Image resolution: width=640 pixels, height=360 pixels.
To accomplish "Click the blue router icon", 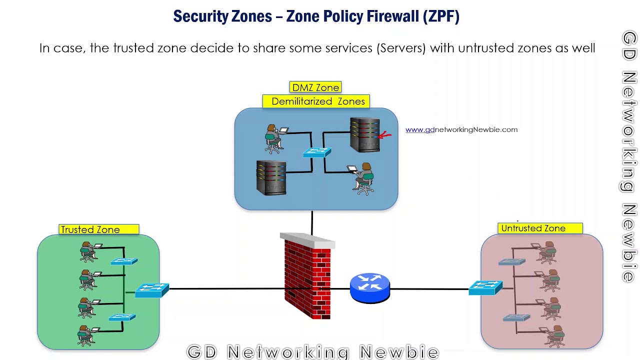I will pyautogui.click(x=369, y=287).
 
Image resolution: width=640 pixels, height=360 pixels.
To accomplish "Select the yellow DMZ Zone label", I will pyautogui.click(x=315, y=87).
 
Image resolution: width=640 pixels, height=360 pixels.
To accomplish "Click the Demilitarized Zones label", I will pyautogui.click(x=316, y=101).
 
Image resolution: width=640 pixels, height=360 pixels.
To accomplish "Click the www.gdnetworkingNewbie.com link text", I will pyautogui.click(x=461, y=129).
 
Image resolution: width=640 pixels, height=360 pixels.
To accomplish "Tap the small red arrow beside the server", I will pyautogui.click(x=384, y=134).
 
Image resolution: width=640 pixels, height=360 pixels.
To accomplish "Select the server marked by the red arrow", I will pyautogui.click(x=364, y=134).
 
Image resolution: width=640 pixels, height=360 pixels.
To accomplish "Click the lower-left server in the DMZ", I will pyautogui.click(x=271, y=177).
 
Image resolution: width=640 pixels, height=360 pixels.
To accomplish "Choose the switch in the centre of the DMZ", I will pyautogui.click(x=317, y=152).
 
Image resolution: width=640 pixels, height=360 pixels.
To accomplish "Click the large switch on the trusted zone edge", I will pyautogui.click(x=152, y=290).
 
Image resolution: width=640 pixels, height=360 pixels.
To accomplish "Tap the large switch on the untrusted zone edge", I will pyautogui.click(x=485, y=287).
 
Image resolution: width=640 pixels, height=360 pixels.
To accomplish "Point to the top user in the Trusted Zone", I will pyautogui.click(x=88, y=251).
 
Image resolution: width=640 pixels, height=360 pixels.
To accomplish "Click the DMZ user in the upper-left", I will pyautogui.click(x=273, y=138).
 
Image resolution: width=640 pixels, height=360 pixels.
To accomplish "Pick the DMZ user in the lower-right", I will pyautogui.click(x=364, y=178).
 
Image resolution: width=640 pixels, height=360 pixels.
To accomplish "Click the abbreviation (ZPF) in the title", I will pyautogui.click(x=440, y=16).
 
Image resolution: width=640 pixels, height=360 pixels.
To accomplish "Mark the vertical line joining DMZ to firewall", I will pyautogui.click(x=312, y=222).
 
